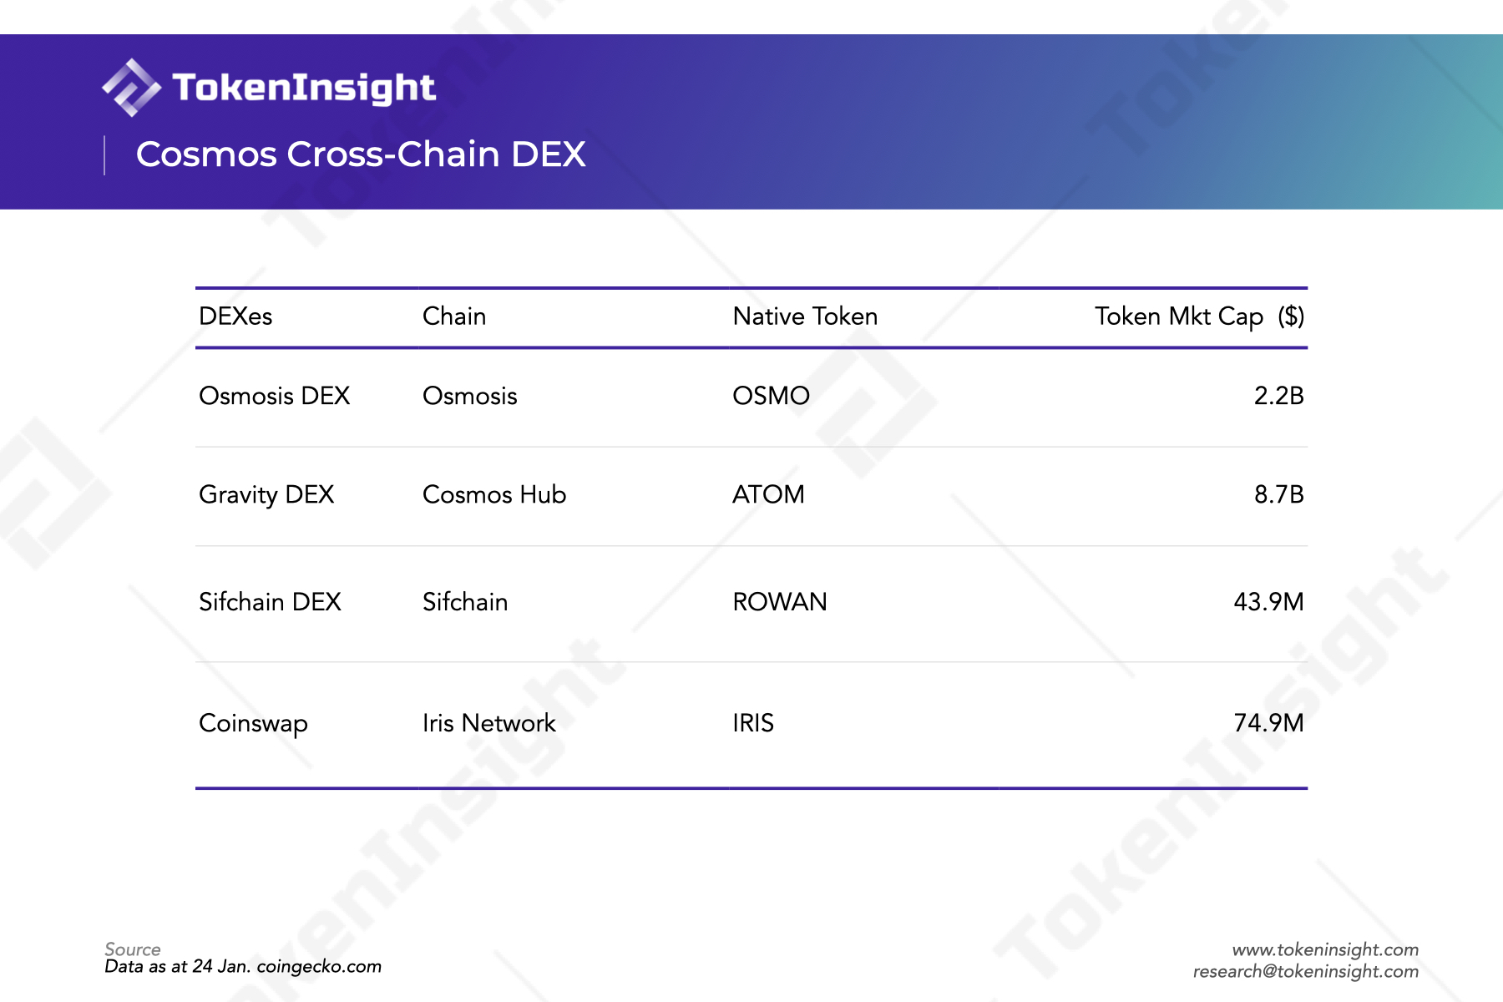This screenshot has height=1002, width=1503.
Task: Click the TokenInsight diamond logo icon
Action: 131,88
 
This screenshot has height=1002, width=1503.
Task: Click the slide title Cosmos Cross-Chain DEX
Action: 361,154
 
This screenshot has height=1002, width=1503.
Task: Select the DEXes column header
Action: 235,316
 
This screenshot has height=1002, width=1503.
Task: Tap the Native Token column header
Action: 805,316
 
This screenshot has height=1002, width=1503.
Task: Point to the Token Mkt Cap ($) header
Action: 1199,317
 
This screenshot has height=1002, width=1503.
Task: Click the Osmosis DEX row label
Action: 274,396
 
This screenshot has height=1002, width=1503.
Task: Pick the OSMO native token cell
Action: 771,396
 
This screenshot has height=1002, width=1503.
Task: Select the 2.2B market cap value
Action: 1278,396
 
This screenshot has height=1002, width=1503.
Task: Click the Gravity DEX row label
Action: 266,495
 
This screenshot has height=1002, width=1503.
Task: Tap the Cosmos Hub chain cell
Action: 494,494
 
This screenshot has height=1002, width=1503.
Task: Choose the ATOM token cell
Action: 768,494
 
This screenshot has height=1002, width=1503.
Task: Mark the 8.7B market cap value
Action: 1278,494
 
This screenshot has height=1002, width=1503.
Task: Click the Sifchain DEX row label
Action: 270,602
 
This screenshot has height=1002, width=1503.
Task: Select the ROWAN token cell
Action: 779,602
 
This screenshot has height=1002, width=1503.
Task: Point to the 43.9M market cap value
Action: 1268,602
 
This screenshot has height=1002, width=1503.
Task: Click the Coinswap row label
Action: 253,724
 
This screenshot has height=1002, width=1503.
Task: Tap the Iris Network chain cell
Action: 488,723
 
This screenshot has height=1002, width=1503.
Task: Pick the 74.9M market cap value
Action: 1268,723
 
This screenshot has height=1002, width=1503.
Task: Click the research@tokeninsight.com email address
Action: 1305,971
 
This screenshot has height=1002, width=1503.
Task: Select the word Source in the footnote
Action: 132,949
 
